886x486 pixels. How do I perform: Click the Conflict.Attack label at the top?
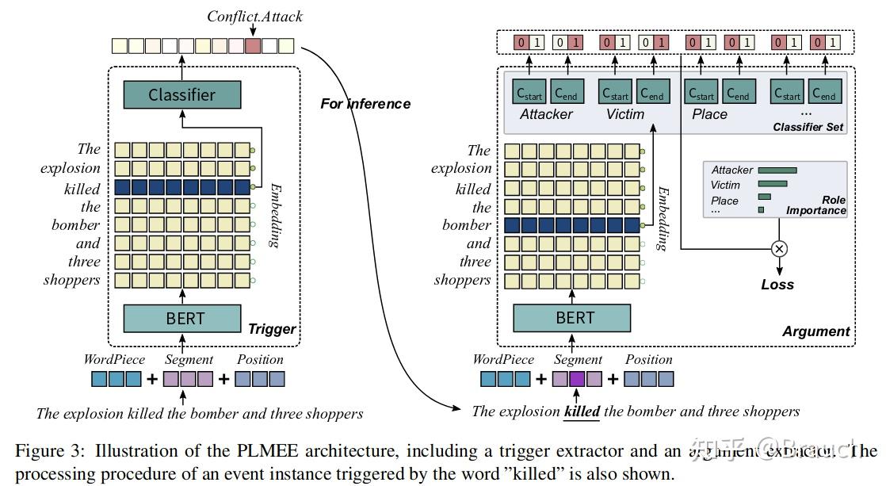pos(254,16)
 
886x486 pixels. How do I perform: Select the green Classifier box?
pos(181,95)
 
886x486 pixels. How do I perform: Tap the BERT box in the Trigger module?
pos(184,319)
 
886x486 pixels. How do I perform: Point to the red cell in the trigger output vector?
pos(253,46)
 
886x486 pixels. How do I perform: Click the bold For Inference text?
pos(365,104)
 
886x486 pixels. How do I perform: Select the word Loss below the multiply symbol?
pos(777,285)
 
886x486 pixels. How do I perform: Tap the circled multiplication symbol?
pos(779,249)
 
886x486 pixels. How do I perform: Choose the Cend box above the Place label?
pos(738,93)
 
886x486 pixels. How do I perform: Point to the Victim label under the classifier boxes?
pos(625,114)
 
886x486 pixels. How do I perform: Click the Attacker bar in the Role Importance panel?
pos(777,170)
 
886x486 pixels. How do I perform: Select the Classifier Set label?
pos(808,127)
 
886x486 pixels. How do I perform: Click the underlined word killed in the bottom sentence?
pos(582,411)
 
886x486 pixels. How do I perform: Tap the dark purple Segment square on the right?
pos(576,379)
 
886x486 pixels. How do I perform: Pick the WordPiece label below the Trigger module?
pos(114,359)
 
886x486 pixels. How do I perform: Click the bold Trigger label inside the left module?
pos(272,329)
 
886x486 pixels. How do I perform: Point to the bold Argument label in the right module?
pos(815,331)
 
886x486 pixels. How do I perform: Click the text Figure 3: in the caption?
pos(50,452)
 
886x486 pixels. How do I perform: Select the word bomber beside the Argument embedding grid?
pos(467,225)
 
